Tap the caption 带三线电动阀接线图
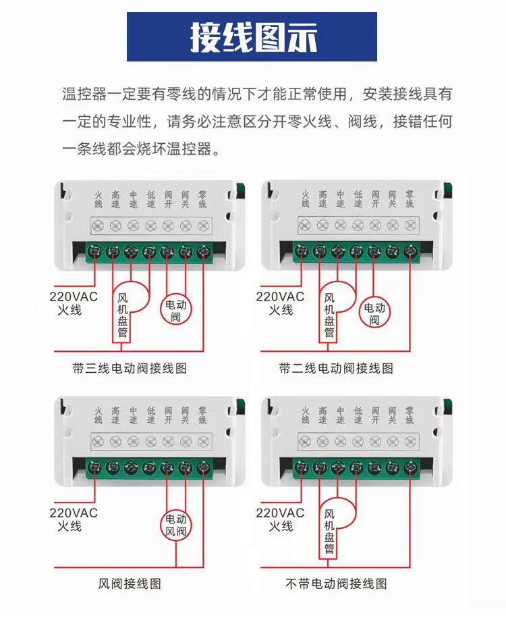[x=129, y=368]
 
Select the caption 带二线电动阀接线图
[x=336, y=368]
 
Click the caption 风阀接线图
[x=130, y=583]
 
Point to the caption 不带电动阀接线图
[x=336, y=583]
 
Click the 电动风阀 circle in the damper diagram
[x=177, y=525]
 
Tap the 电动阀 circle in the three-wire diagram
[x=176, y=309]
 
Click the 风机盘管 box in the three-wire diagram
[x=123, y=315]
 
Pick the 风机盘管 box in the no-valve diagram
[x=329, y=530]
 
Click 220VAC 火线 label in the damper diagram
[x=74, y=519]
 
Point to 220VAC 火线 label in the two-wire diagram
[x=280, y=303]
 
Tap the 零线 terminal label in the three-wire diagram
[x=202, y=199]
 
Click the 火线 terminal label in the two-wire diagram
[x=305, y=199]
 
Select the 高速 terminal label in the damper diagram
[x=115, y=415]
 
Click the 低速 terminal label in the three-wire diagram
[x=150, y=199]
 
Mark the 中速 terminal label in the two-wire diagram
[x=340, y=199]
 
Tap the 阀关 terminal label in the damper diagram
[x=185, y=415]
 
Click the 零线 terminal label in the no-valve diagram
[x=410, y=415]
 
